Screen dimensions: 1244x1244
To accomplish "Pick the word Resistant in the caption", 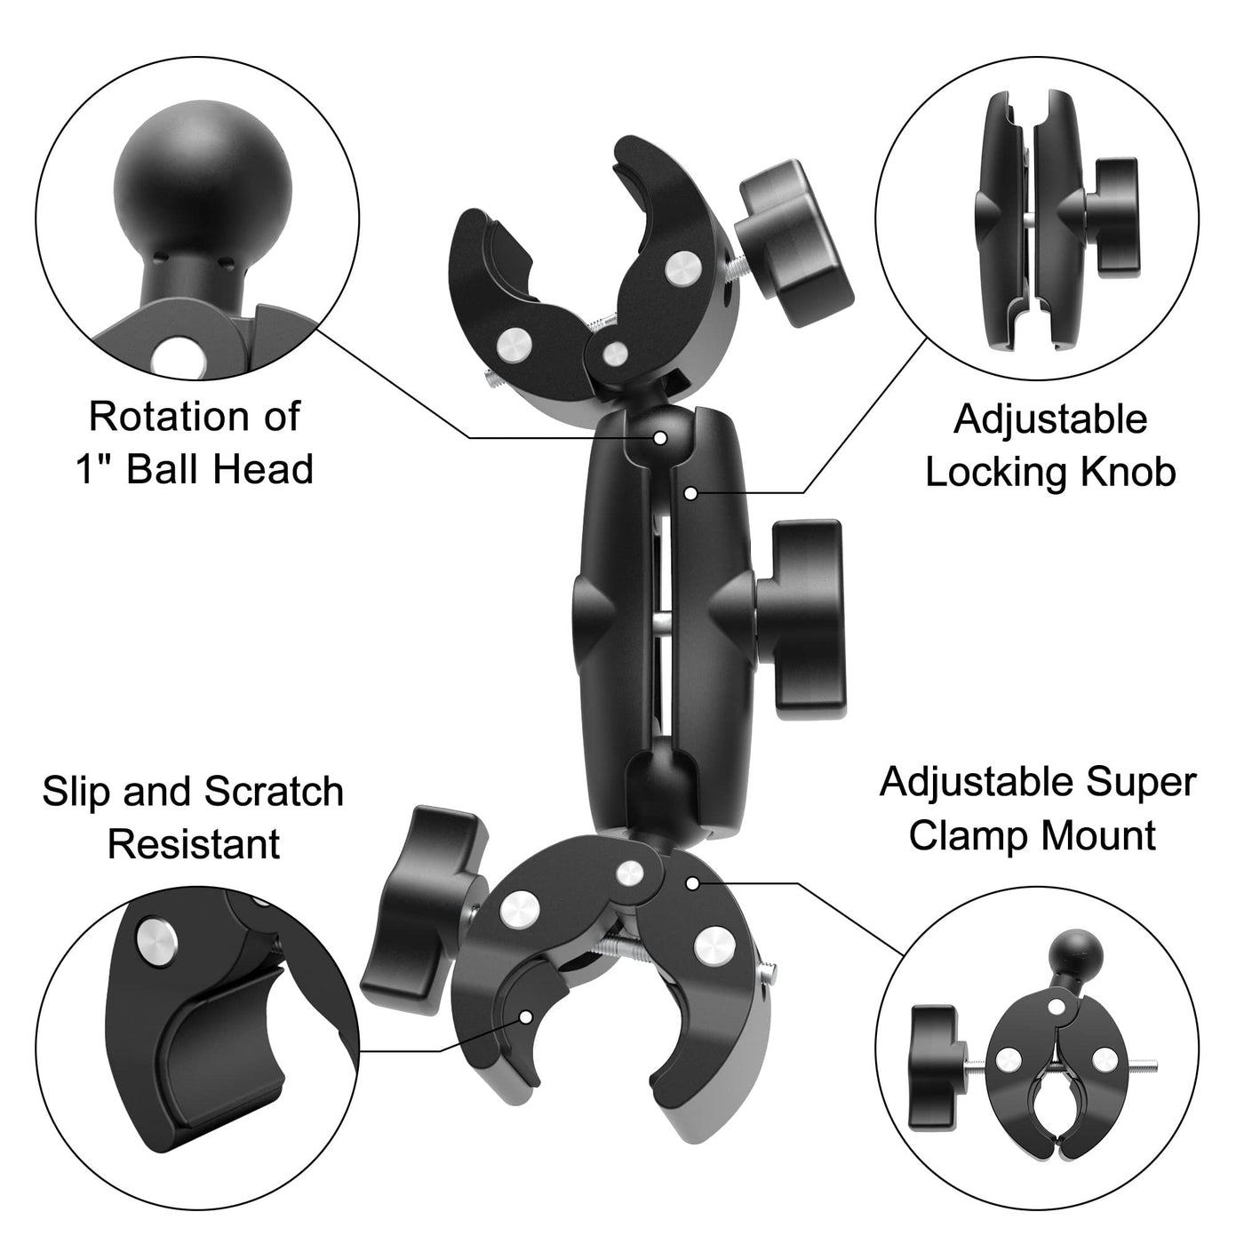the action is tap(194, 844).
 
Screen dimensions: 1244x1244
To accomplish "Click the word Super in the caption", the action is tap(1141, 783).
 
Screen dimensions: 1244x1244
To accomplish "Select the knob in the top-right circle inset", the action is tap(1111, 212).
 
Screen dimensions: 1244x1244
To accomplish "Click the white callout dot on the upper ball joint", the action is tap(660, 438).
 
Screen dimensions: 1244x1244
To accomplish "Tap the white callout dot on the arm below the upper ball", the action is tap(690, 494).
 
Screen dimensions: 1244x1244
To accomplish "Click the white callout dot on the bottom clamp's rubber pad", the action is tap(526, 1017).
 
